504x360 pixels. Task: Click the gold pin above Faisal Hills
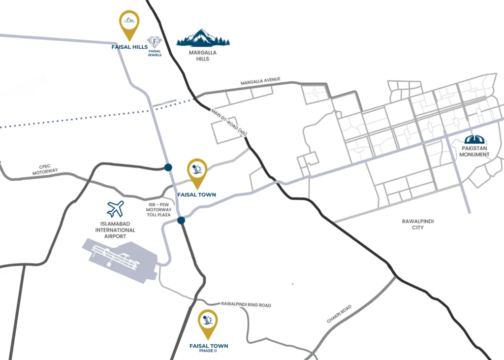[129, 24]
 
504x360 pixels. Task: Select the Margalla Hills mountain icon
[203, 38]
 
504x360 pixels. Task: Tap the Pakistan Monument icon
[475, 140]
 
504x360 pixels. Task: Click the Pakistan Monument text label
[474, 151]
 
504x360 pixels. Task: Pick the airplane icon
[116, 209]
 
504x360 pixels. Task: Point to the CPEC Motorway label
[45, 170]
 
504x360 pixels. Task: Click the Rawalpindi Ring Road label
[246, 305]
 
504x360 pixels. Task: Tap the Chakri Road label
[339, 314]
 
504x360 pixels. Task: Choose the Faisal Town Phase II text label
[208, 348]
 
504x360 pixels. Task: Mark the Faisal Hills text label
[129, 47]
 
